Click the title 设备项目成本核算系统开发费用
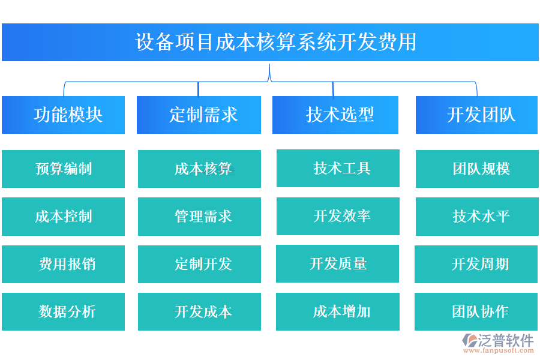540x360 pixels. tap(270, 43)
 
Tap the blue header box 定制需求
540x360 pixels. tap(199, 115)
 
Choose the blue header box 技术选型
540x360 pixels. tap(335, 115)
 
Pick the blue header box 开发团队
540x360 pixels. tap(477, 115)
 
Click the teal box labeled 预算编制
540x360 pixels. tap(64, 169)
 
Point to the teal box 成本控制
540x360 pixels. tap(64, 216)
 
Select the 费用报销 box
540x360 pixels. tap(64, 264)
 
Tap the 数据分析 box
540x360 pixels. tap(64, 311)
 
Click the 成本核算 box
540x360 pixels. tap(199, 169)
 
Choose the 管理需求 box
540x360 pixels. tap(199, 216)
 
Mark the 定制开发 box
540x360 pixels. tap(199, 264)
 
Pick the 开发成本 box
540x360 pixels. tap(199, 311)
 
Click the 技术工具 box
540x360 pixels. tap(338, 168)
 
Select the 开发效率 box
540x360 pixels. tap(338, 216)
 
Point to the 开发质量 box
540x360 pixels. tap(337, 263)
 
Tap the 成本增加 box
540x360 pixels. tap(338, 311)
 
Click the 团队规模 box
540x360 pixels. tap(477, 169)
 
